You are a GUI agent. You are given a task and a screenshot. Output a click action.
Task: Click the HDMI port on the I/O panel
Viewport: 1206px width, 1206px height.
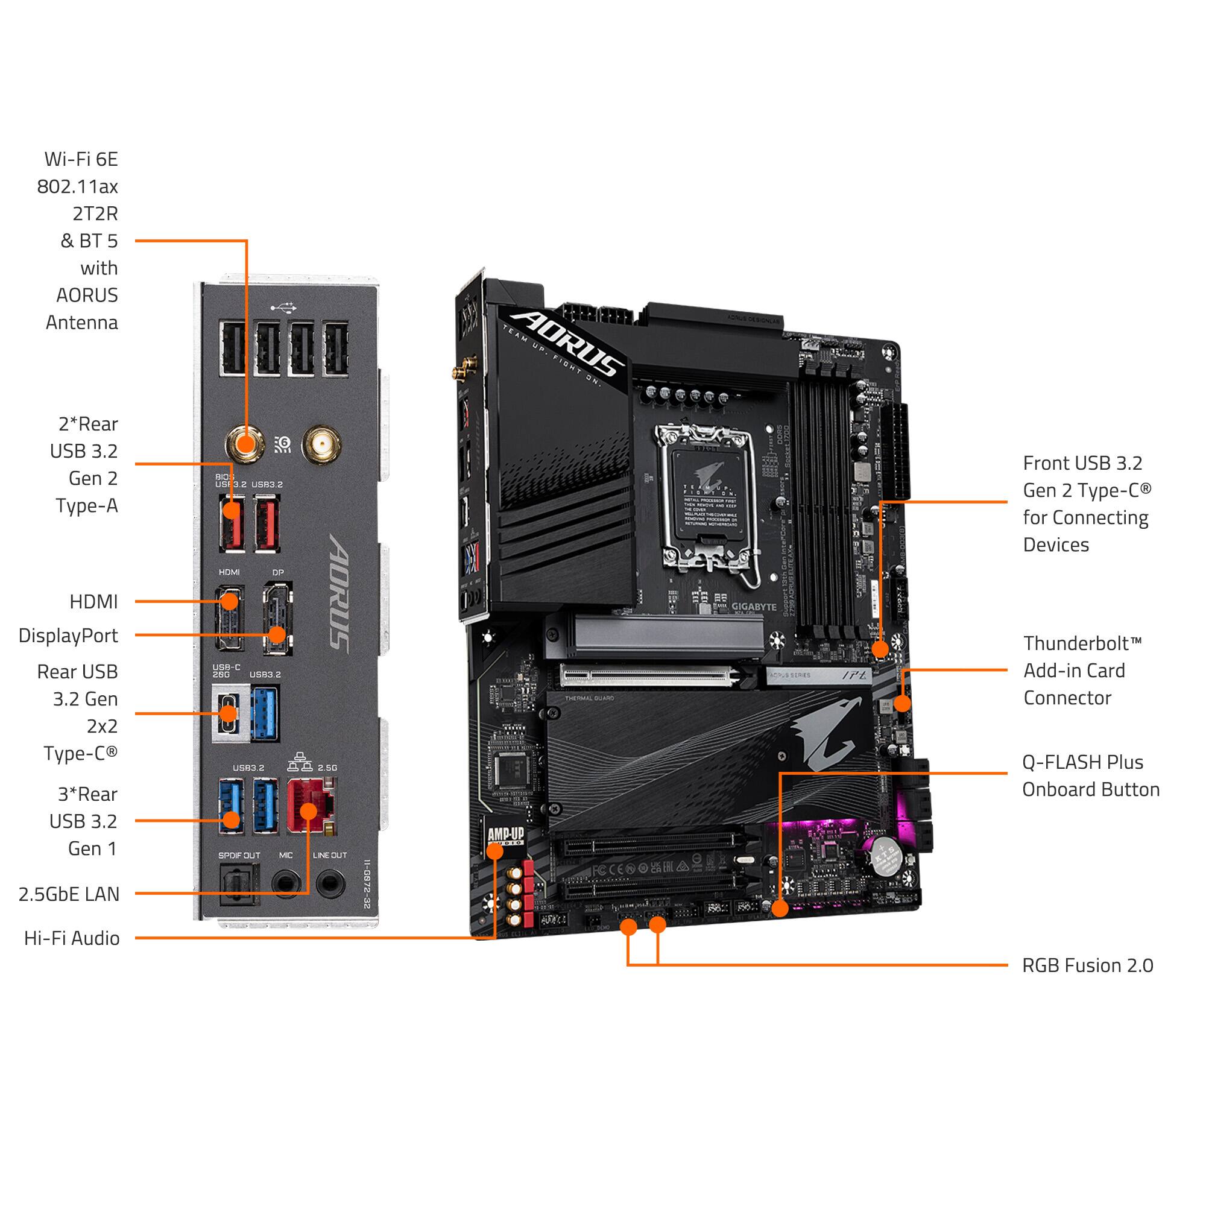coord(229,617)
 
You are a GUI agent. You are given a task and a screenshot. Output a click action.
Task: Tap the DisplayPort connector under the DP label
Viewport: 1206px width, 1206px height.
coord(277,617)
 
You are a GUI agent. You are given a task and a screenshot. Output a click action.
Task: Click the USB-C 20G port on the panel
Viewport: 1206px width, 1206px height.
coord(228,714)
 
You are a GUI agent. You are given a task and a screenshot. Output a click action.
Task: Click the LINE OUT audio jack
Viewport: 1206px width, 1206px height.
coord(330,884)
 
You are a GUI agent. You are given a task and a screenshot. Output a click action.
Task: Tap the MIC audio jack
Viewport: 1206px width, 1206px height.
coord(286,884)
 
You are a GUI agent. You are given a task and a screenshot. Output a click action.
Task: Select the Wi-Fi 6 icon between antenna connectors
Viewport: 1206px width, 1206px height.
coord(283,444)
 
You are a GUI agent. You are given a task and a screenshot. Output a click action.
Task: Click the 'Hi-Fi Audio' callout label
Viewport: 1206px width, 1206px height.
coord(72,938)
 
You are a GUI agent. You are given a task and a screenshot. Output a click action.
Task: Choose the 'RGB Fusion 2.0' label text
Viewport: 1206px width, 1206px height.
coord(1087,965)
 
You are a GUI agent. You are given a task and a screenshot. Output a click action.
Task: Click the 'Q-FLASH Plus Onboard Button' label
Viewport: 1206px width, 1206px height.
coord(1090,776)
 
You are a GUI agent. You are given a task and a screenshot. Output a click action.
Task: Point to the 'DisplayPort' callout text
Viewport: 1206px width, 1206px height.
coord(68,636)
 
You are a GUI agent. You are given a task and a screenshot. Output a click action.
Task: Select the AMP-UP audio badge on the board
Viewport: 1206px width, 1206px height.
coord(506,836)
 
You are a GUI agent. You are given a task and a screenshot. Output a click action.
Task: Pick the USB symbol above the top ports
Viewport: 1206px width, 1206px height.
coord(284,307)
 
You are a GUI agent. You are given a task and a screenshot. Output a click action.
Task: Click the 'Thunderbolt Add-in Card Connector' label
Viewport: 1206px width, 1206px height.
coord(1082,671)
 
